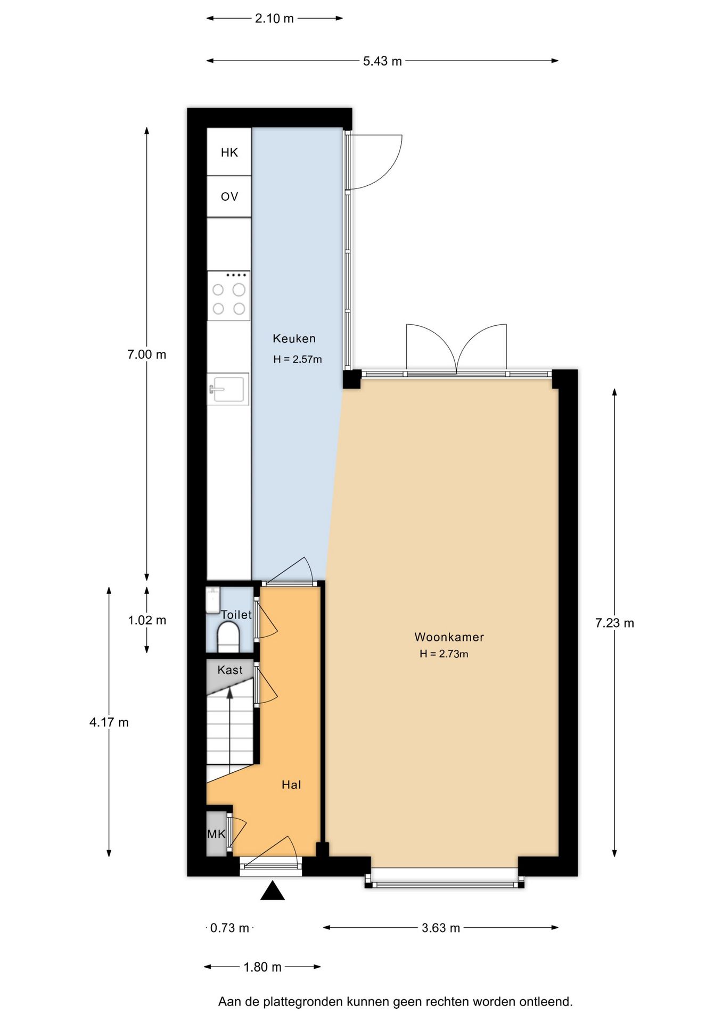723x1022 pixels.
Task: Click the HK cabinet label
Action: click(229, 153)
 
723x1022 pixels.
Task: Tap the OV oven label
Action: click(229, 197)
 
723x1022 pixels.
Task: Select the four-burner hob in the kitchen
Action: click(228, 295)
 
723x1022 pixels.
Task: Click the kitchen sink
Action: click(228, 389)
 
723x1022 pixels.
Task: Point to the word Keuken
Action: click(294, 339)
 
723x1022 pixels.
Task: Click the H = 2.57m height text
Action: click(297, 359)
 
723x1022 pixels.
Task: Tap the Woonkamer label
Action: click(449, 637)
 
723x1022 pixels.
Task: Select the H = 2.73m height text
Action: click(443, 654)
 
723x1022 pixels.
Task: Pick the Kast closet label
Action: click(229, 670)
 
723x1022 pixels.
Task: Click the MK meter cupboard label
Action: click(216, 834)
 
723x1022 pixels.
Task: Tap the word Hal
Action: click(291, 785)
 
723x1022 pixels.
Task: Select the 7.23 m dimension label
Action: click(614, 623)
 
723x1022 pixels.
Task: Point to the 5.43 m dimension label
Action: click(382, 61)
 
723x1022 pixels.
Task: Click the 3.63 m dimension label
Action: click(441, 928)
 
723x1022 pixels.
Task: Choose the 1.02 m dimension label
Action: click(147, 620)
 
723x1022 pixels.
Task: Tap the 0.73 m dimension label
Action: click(229, 928)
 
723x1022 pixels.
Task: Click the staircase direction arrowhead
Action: click(230, 693)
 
